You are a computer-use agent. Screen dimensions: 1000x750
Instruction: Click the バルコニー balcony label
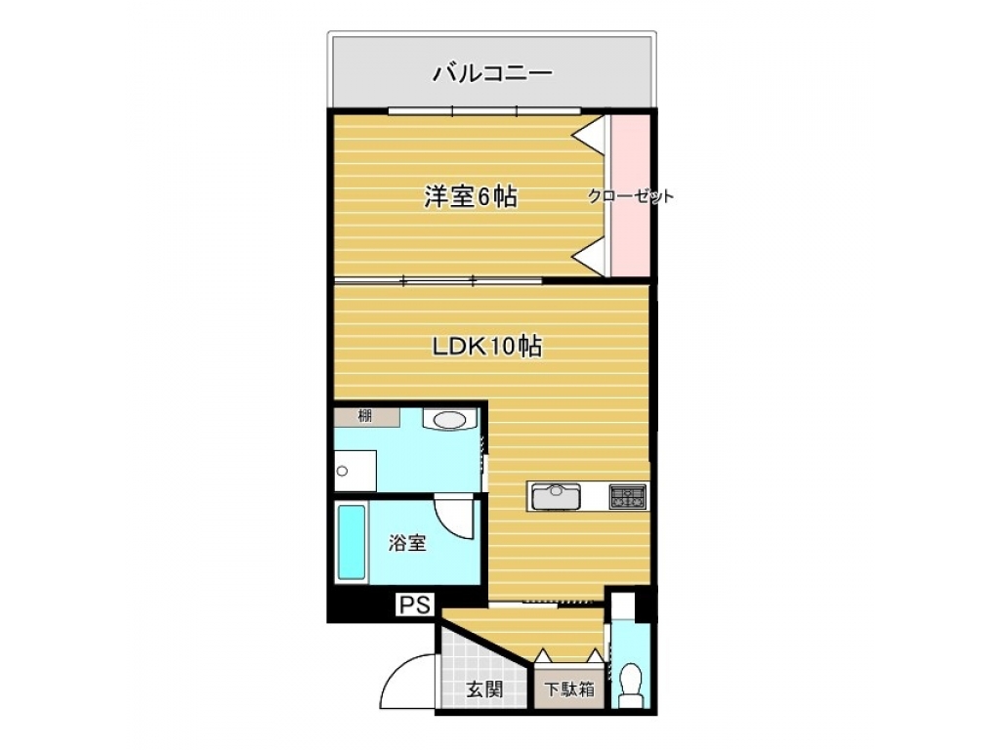pos(492,73)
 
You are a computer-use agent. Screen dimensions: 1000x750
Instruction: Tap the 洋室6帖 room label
pos(471,196)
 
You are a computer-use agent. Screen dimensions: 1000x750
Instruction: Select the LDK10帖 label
pos(488,346)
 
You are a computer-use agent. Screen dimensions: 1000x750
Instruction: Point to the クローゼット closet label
pos(630,195)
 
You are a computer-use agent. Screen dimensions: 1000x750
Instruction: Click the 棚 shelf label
pos(365,417)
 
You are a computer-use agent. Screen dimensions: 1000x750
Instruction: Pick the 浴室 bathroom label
pos(407,543)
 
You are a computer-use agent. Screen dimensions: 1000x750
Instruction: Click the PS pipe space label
pos(415,604)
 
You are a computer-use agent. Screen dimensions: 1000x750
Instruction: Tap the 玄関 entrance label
pos(484,688)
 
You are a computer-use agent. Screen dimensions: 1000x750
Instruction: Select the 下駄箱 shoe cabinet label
pos(569,688)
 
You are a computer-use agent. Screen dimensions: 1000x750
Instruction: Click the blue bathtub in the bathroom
pos(352,543)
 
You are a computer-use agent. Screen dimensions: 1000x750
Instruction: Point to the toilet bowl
pos(631,680)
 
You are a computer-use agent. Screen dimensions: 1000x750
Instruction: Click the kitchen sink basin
pos(556,496)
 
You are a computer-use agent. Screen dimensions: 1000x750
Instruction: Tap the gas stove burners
pos(628,496)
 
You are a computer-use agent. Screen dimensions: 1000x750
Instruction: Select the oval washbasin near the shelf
pos(450,420)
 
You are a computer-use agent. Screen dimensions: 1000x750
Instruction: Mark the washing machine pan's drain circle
pos(343,472)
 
